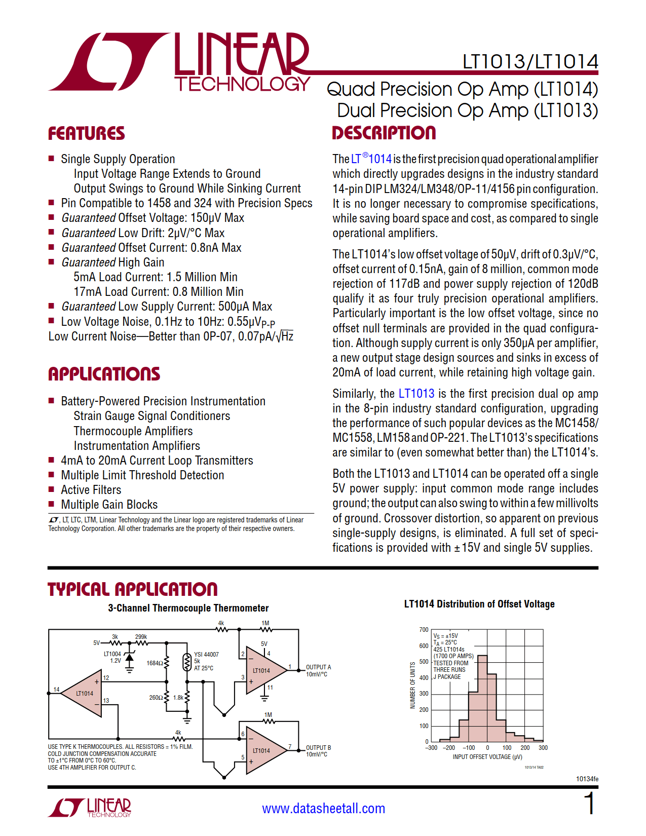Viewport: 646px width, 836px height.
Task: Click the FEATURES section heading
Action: click(86, 134)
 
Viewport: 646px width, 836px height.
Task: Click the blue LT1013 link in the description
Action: click(416, 394)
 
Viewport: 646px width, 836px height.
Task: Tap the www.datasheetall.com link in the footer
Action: click(323, 808)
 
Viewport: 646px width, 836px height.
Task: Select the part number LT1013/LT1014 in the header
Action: click(530, 62)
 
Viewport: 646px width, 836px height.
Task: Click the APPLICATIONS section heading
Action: click(104, 374)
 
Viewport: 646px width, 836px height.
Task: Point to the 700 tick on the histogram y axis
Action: click(424, 630)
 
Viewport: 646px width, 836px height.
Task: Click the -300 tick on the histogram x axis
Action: click(431, 748)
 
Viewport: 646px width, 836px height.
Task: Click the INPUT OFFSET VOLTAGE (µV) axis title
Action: click(487, 757)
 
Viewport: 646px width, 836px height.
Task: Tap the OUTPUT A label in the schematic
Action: click(318, 667)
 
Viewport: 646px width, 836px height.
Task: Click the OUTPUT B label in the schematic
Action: click(318, 748)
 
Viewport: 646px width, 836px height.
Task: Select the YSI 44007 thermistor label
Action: click(206, 655)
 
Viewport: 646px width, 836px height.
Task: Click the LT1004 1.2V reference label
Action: click(112, 657)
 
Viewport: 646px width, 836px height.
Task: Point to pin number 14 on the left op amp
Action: click(56, 690)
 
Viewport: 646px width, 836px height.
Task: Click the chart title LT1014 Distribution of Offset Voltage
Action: click(479, 604)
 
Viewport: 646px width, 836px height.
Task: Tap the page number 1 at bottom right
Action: click(589, 804)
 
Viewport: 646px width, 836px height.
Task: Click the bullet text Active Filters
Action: click(91, 490)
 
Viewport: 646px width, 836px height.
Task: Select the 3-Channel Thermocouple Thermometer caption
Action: click(188, 608)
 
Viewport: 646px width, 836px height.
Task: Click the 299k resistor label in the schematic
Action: click(141, 637)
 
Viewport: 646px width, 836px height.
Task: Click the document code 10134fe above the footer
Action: click(587, 779)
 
